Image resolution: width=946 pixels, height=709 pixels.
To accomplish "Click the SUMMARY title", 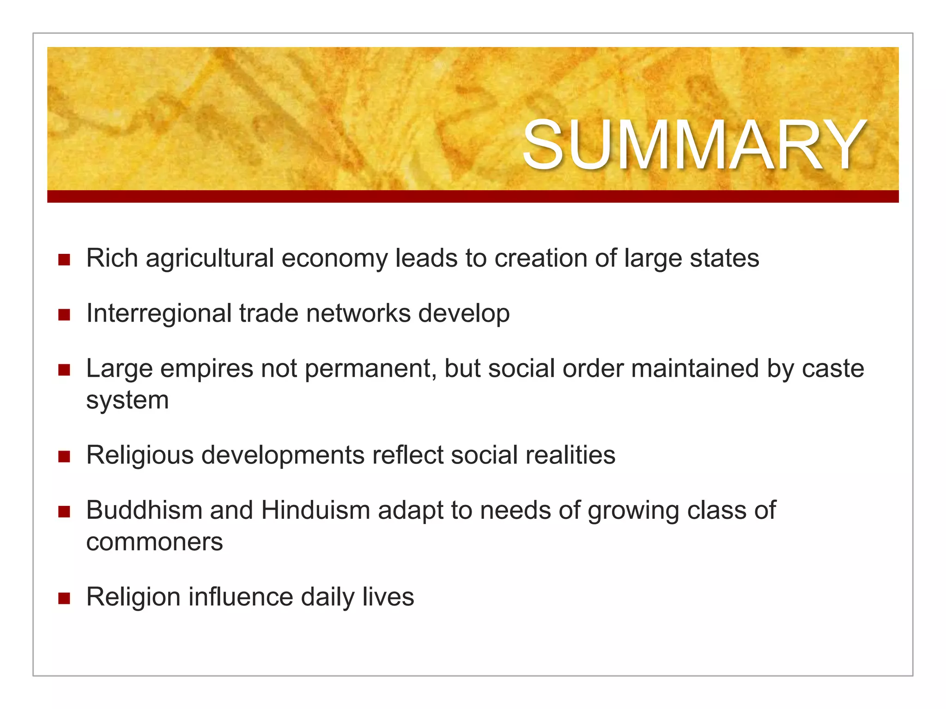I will pos(694,145).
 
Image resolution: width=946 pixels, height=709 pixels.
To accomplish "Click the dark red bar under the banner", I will pos(473,196).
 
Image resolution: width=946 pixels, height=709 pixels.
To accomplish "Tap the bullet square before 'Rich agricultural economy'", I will pos(64,259).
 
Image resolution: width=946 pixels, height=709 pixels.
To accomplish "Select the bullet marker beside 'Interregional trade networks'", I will pos(64,315).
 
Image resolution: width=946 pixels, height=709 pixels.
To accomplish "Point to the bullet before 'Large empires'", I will pos(64,370).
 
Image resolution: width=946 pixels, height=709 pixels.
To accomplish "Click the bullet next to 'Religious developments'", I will pos(64,457).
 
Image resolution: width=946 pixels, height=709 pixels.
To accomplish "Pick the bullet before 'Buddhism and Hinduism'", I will pos(64,511).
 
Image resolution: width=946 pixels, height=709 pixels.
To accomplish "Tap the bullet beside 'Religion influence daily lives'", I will pos(64,598).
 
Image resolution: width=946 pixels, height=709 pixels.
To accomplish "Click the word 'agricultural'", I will pos(210,258).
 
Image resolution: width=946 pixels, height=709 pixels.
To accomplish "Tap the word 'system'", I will pos(127,400).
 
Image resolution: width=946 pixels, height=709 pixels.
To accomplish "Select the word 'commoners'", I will pos(154,542).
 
